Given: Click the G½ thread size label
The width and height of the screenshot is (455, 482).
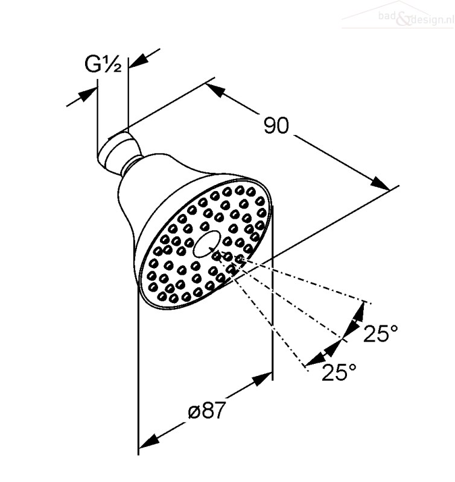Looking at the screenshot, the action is (103, 64).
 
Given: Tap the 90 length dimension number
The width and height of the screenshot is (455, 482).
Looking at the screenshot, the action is (276, 125).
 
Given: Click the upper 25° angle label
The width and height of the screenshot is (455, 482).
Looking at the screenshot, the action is (381, 333).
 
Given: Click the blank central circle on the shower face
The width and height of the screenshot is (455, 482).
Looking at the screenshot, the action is (206, 245).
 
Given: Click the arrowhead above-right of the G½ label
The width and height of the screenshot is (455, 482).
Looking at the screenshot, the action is (139, 60).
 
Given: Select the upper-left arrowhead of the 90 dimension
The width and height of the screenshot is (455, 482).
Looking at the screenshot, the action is (216, 90).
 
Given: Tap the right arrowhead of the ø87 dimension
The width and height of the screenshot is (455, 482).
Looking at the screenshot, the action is (262, 379).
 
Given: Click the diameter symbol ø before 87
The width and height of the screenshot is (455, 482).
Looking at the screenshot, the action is (194, 412).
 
